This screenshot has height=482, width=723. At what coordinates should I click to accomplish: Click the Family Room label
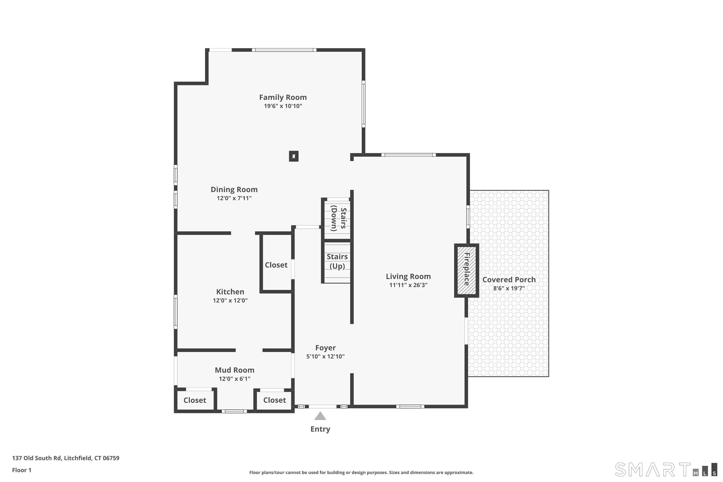coord(283,97)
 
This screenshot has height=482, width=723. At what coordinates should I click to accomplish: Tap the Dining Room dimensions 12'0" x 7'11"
coord(234,198)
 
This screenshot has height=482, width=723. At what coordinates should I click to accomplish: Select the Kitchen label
coord(230,292)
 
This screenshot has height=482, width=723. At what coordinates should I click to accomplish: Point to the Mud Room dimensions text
coord(234,379)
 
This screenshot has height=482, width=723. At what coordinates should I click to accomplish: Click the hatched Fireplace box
coord(467,270)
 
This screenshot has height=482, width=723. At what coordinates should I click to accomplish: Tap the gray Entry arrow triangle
coord(320,416)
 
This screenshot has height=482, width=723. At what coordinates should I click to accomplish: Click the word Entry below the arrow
coord(320,429)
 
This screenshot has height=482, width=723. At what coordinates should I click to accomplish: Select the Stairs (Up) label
coord(337,261)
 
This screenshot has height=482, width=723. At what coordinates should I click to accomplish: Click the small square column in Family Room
coord(294,156)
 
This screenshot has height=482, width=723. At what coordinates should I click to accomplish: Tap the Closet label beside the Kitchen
coord(276,265)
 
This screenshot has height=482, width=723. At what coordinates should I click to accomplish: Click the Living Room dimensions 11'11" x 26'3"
coord(408,285)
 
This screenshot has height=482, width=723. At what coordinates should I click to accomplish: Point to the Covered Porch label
coord(509,280)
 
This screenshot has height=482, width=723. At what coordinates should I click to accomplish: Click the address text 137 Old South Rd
coord(37,458)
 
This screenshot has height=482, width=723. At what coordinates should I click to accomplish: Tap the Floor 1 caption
coord(22,470)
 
